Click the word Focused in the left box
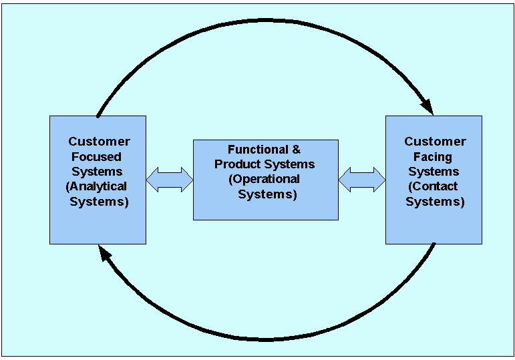click(98, 156)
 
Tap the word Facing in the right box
click(434, 156)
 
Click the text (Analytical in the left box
click(97, 186)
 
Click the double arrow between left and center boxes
click(169, 180)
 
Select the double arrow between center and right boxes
click(362, 180)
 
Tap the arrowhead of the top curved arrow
click(426, 107)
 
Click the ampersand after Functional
click(297, 150)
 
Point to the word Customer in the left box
click(99, 142)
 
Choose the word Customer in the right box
click(435, 142)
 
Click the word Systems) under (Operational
click(267, 194)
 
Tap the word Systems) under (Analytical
click(100, 201)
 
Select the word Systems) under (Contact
click(435, 201)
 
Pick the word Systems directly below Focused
click(98, 172)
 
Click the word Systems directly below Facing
click(434, 172)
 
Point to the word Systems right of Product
click(291, 164)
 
